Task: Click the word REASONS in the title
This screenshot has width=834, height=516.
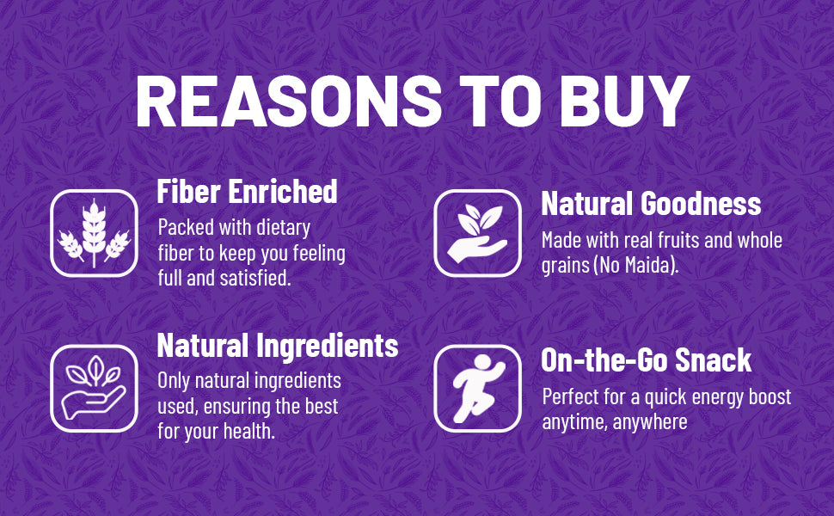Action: pyautogui.click(x=289, y=101)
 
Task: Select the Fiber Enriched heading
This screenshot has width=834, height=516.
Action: pyautogui.click(x=248, y=191)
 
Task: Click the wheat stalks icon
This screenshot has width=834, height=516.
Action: pyautogui.click(x=94, y=233)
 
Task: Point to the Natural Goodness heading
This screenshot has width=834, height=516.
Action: pyautogui.click(x=651, y=204)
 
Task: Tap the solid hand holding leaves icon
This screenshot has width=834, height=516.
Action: pyautogui.click(x=478, y=233)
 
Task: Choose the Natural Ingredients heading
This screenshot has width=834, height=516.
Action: pyautogui.click(x=278, y=347)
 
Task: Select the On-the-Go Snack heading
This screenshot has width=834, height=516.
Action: pyautogui.click(x=647, y=360)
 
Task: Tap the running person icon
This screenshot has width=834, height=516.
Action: pyautogui.click(x=478, y=389)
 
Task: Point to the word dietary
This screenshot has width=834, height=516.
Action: pyautogui.click(x=284, y=228)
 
